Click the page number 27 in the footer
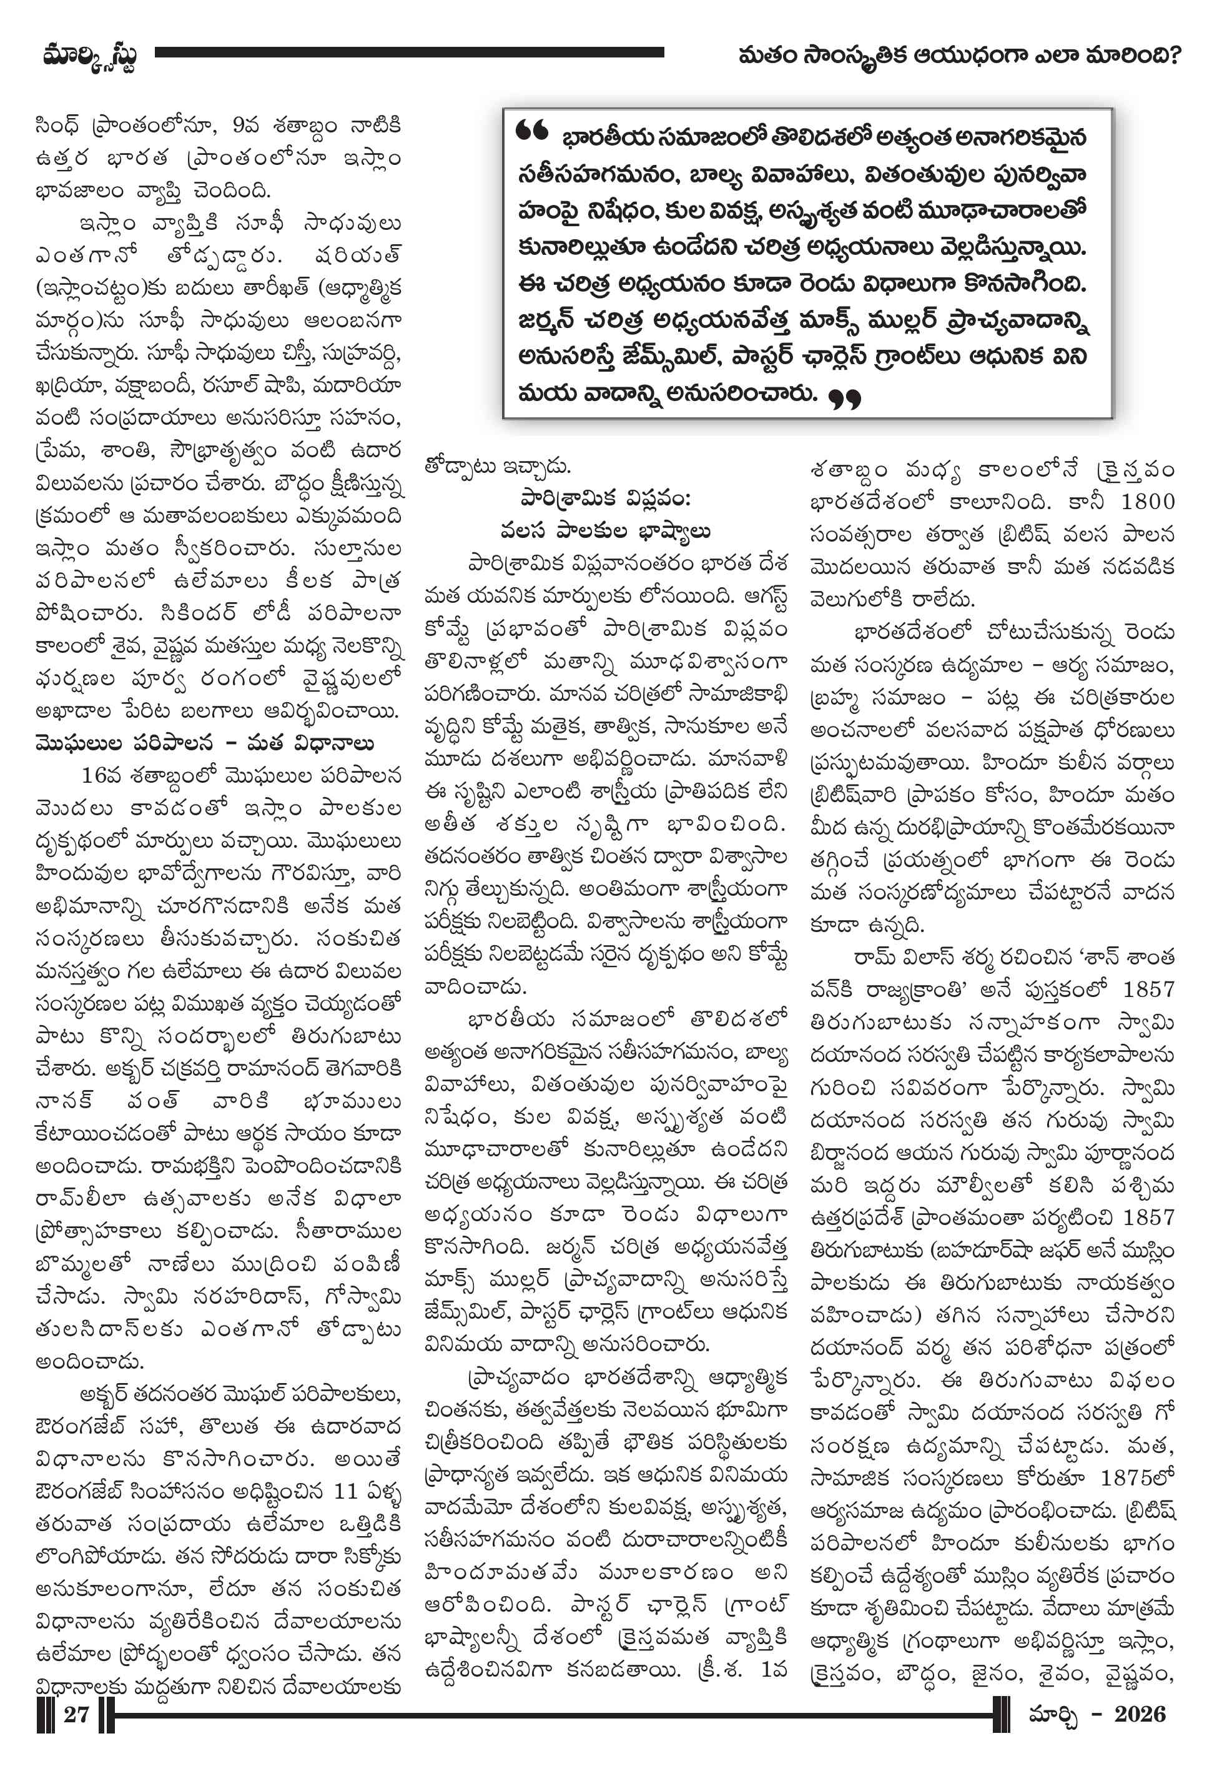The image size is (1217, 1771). [x=76, y=1714]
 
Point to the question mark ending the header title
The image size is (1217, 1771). [x=1173, y=56]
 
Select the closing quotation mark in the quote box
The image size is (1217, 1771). [x=844, y=398]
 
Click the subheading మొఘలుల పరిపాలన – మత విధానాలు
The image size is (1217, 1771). [x=204, y=743]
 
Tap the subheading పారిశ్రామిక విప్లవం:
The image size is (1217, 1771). [x=606, y=499]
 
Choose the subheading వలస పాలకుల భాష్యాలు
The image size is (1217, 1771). [x=606, y=531]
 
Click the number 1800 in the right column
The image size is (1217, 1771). [x=1147, y=502]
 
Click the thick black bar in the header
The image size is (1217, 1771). [x=410, y=52]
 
